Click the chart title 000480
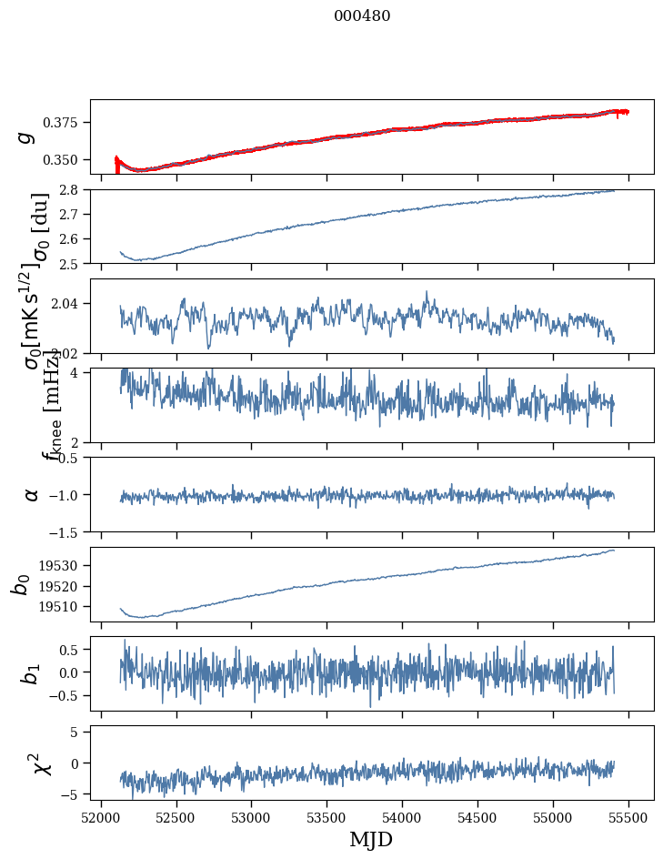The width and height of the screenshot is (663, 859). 362,16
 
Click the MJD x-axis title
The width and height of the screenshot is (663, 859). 372,839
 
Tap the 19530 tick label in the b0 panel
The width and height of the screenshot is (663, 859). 64,565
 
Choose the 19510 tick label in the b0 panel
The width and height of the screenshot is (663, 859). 64,606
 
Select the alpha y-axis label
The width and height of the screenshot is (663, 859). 32,494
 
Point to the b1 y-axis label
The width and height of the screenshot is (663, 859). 32,673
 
